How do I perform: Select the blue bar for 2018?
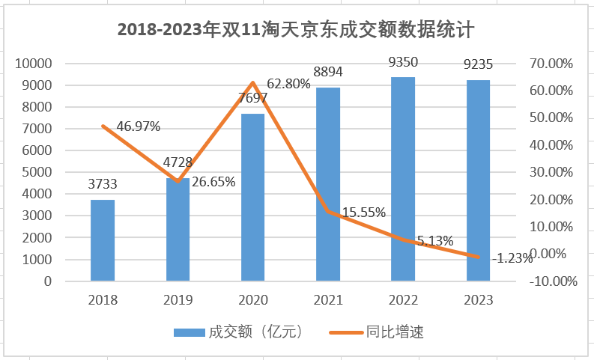103,240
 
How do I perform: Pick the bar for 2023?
478,180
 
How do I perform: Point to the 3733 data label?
103,183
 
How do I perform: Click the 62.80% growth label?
285,84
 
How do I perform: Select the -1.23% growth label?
512,258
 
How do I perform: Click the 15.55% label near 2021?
363,212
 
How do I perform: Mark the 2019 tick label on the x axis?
178,300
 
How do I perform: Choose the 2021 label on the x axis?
328,300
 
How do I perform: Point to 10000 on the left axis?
34,64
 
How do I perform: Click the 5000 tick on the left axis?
37,172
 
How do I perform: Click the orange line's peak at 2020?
253,82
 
